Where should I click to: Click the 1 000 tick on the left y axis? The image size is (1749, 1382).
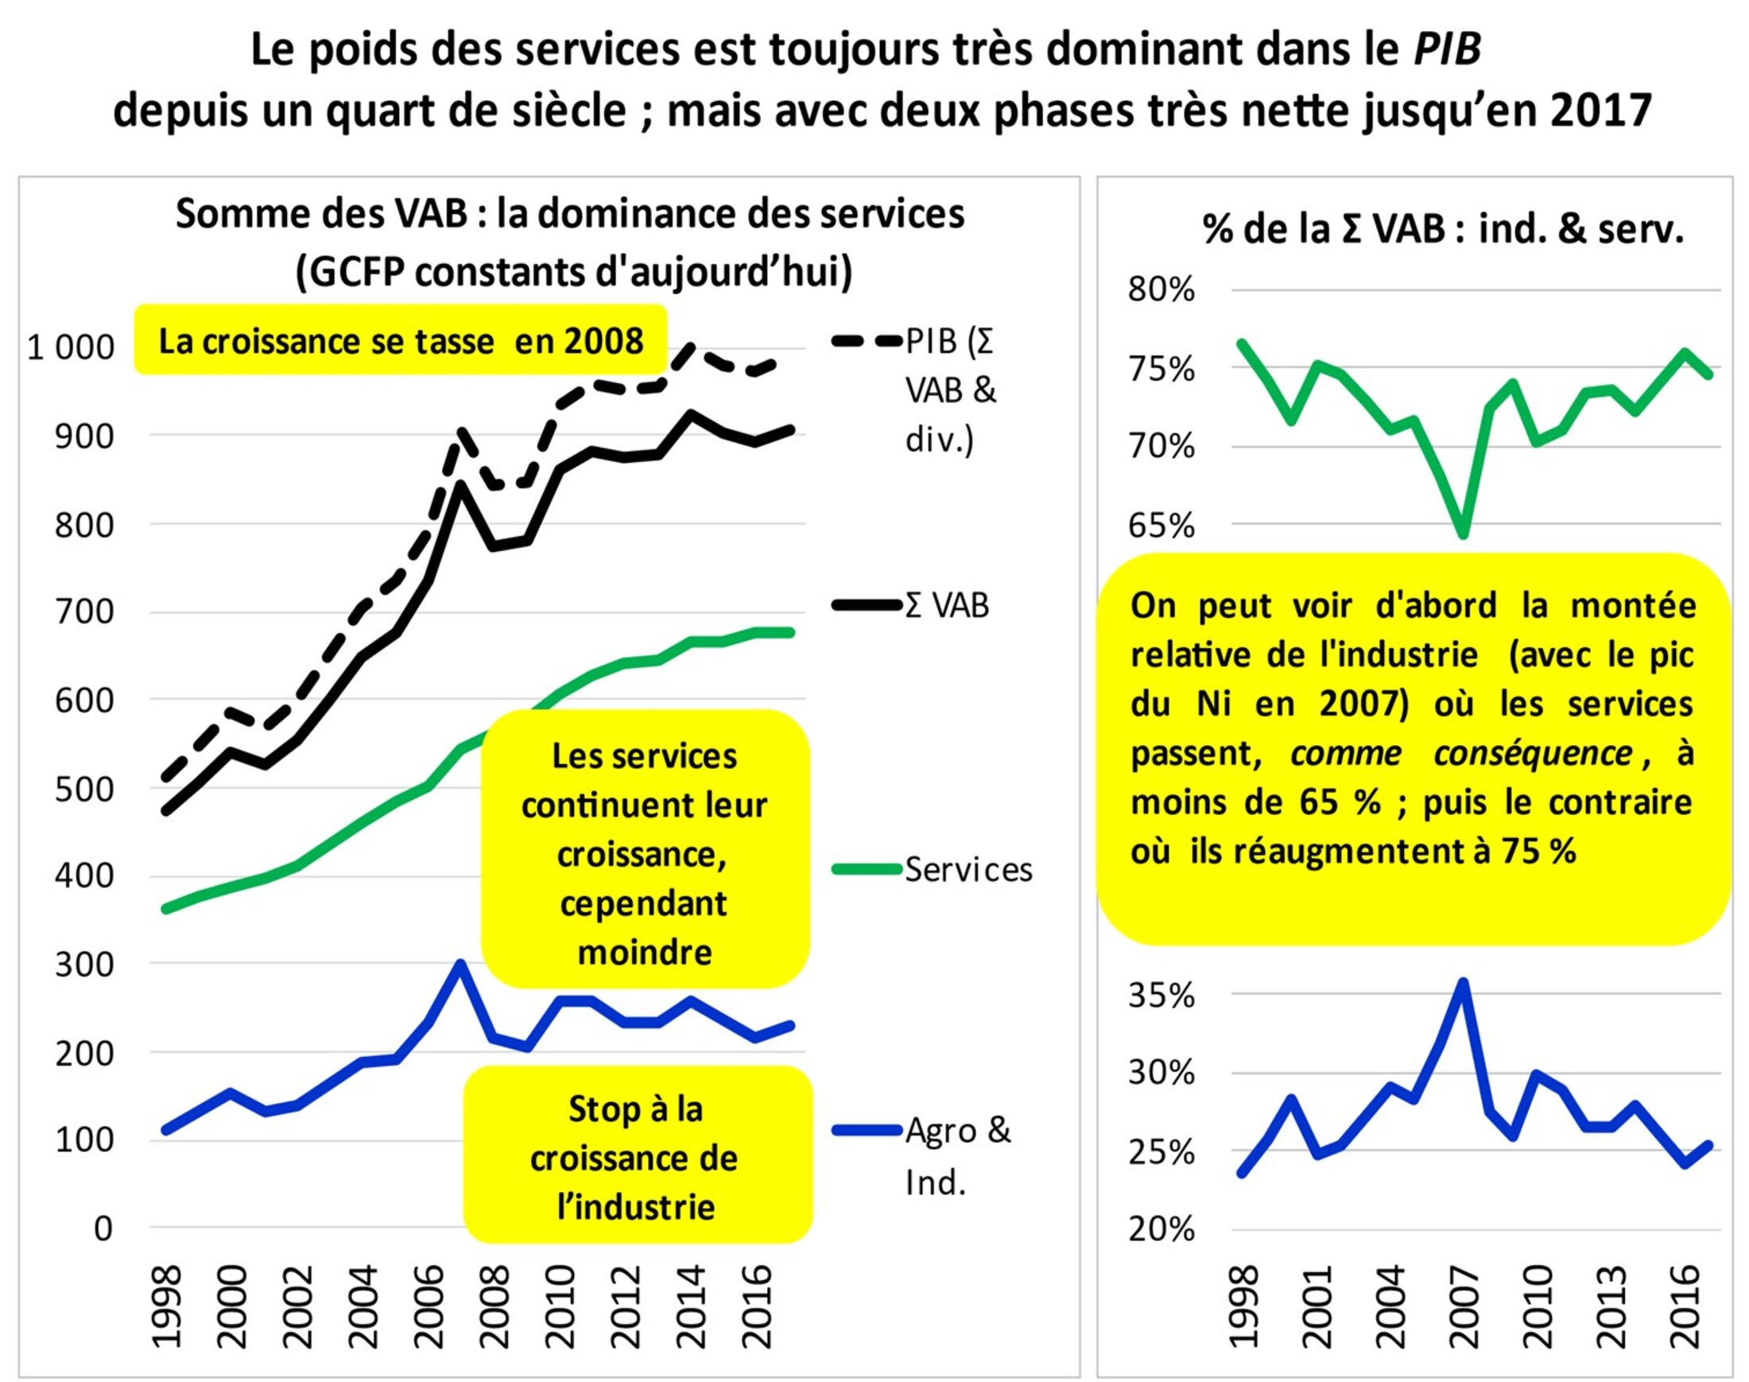[x=72, y=347]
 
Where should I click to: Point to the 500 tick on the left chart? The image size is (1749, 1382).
[x=84, y=789]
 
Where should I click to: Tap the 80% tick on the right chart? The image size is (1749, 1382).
[x=1161, y=289]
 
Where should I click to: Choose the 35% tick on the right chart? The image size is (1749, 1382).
[x=1161, y=996]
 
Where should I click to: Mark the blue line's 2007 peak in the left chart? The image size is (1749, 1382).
[x=460, y=965]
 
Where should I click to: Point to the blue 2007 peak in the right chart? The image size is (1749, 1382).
[x=1463, y=983]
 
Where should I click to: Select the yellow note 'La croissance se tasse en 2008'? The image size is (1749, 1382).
[x=401, y=340]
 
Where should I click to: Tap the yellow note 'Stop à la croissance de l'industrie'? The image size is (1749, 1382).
[x=636, y=1157]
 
